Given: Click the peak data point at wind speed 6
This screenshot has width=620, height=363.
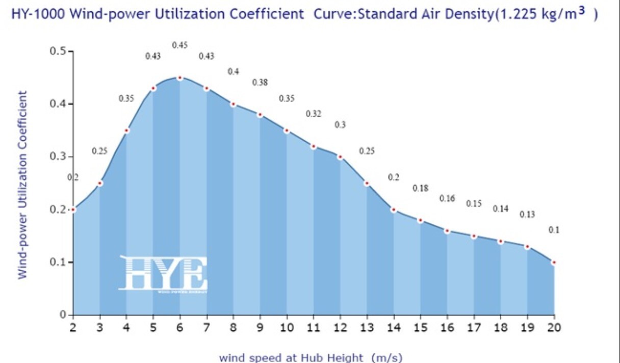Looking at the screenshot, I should pos(179,78).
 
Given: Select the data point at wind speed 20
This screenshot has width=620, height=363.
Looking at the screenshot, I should pos(554,263).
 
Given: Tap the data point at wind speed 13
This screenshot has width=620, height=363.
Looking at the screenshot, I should pos(367,184).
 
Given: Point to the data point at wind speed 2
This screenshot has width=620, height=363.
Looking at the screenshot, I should pos(73,210).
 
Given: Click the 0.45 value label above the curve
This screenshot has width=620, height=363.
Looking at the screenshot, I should pos(179,45).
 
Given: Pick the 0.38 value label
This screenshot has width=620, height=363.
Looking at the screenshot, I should pos(260,82).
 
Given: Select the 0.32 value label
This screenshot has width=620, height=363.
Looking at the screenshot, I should pos(313,114).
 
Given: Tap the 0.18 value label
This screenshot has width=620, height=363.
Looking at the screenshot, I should pos(420,188).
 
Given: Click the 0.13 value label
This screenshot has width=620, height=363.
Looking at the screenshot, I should pos(527,215).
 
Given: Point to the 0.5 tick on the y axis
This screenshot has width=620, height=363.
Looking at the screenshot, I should pos(58,51).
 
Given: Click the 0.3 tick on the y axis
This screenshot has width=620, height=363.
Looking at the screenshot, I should pos(58,157).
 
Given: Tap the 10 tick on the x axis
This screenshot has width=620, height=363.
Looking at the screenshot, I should pos(287,327).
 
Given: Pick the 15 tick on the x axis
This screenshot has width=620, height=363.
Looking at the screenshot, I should pos(420,327).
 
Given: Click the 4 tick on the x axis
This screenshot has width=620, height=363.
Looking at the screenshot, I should pos(126,327).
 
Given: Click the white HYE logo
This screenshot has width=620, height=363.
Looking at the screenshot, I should pos(163,274).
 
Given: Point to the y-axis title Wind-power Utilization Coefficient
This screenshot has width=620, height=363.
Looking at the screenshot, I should pos(22,185).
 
